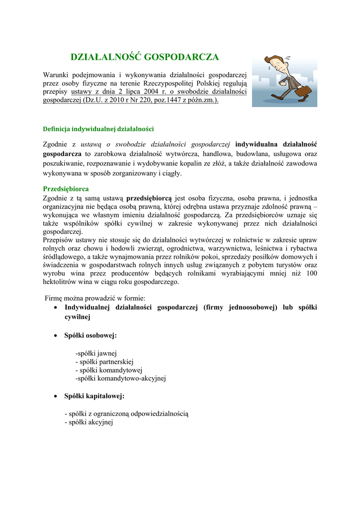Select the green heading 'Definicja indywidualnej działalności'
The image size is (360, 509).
click(x=98, y=129)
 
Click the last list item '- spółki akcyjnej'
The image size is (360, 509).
click(x=89, y=422)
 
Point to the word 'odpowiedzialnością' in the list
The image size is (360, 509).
click(x=160, y=414)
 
